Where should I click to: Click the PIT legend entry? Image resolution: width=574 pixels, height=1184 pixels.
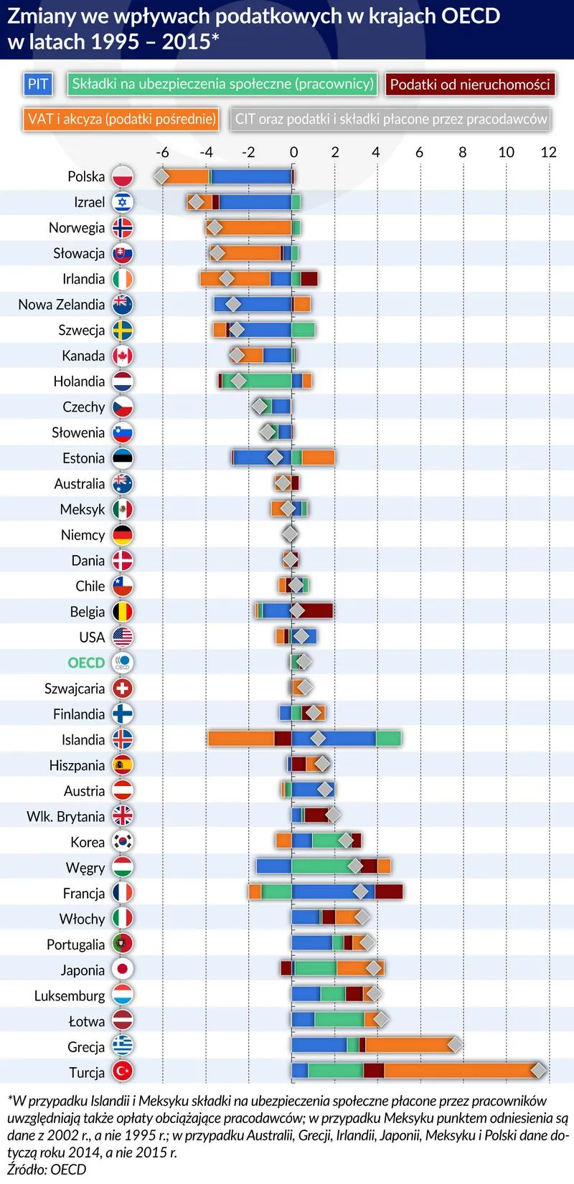pos(37,84)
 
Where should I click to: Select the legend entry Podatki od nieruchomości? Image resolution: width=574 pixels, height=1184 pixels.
pos(470,84)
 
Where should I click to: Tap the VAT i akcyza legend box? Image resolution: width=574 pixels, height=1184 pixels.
pos(121,119)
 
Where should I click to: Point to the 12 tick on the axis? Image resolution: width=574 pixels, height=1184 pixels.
pos(548,152)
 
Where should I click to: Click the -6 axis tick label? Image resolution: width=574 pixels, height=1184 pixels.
pos(162,152)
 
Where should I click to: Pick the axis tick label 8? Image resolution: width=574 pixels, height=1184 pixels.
pos(463,152)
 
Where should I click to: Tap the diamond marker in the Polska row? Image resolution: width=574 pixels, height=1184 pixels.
pos(161,176)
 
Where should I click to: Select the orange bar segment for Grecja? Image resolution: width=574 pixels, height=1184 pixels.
pos(409,1045)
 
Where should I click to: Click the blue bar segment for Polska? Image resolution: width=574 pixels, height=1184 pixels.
pos(251,176)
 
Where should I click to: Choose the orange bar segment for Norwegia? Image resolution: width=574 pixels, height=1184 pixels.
pos(255,228)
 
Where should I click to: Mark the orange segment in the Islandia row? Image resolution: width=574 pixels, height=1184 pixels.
pos(241,738)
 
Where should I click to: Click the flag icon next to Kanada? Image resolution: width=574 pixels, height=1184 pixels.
pos(123,356)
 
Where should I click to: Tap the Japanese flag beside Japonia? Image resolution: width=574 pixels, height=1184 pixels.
pos(123,970)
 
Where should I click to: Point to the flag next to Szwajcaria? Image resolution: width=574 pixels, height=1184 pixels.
pos(123,688)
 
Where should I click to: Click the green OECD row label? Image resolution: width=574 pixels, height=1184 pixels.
pos(86,663)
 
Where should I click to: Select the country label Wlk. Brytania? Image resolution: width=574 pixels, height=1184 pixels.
pos(66,816)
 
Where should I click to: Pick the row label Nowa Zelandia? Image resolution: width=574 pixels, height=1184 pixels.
pos(62,305)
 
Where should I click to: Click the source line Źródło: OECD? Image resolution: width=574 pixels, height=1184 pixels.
pos(47,1170)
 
